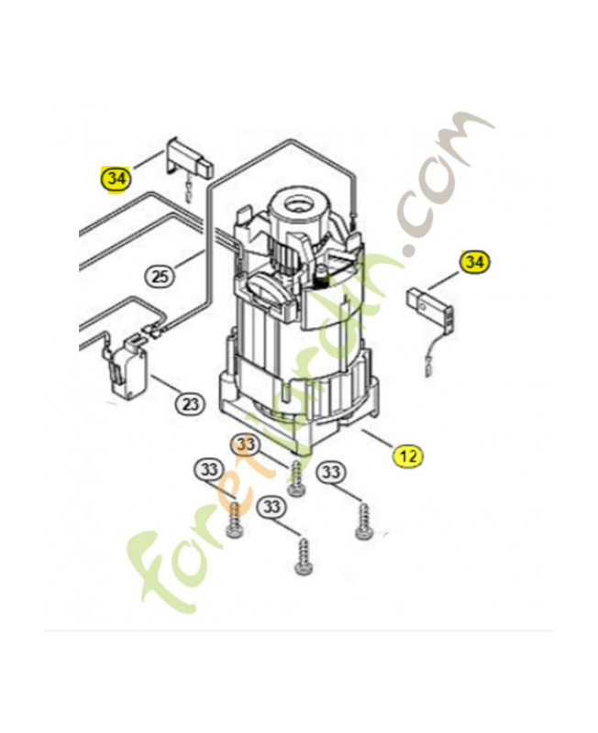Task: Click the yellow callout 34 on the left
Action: pyautogui.click(x=116, y=179)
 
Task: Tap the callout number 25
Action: pyautogui.click(x=159, y=276)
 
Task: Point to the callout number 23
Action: pyautogui.click(x=190, y=402)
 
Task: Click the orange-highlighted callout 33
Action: pyautogui.click(x=245, y=444)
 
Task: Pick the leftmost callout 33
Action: pyautogui.click(x=207, y=471)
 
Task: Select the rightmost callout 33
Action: pyautogui.click(x=332, y=473)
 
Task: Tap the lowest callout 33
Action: pyautogui.click(x=271, y=507)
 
